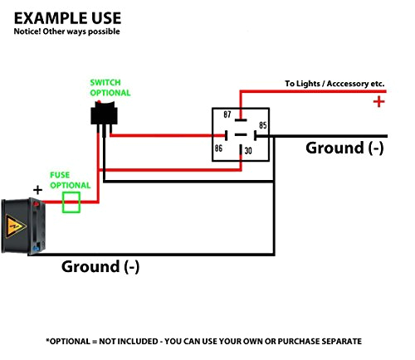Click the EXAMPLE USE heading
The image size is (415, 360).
[67, 18]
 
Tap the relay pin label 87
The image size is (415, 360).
[227, 114]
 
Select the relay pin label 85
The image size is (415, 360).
[263, 125]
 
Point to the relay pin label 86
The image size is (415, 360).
[218, 148]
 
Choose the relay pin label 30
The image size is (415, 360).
[248, 151]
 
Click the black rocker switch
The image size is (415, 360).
[104, 114]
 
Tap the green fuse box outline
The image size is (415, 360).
[71, 202]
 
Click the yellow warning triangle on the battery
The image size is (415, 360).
[16, 226]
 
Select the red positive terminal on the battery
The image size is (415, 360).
[37, 204]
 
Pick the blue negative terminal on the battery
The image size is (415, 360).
[37, 249]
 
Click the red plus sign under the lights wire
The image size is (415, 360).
[378, 102]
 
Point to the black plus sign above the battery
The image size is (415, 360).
[37, 190]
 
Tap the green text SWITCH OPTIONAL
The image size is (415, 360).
[110, 88]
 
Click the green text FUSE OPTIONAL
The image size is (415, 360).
[71, 180]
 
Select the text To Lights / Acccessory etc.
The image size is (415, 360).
[334, 84]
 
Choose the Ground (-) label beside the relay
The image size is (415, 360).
[344, 148]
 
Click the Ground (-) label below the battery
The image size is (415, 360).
[100, 267]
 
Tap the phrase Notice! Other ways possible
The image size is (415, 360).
[67, 32]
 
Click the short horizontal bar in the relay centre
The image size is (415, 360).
[241, 135]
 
